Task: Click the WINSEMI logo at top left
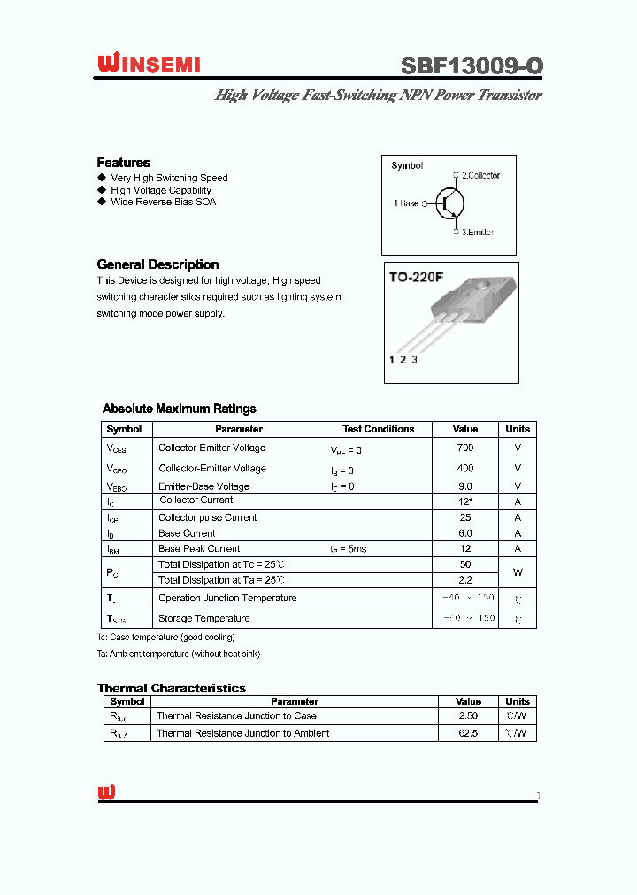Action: pos(149,64)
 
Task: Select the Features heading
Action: pos(123,163)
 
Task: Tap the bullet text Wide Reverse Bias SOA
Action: pos(163,202)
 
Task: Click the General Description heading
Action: pos(157,264)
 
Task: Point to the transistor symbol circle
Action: pos(450,203)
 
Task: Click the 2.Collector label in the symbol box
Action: pos(480,175)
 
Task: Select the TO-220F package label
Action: pos(416,277)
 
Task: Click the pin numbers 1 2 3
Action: pos(403,359)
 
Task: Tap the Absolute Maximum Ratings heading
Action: pos(180,409)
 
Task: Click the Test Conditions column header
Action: pos(378,429)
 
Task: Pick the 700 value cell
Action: pos(465,448)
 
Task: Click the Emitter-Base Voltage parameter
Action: pos(203,486)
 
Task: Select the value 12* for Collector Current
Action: pos(465,501)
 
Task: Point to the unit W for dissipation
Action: pos(518,572)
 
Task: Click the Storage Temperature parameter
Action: pos(203,619)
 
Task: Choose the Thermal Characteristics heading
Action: pos(172,688)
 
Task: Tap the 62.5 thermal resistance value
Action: pos(468,733)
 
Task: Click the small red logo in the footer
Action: pos(106,792)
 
